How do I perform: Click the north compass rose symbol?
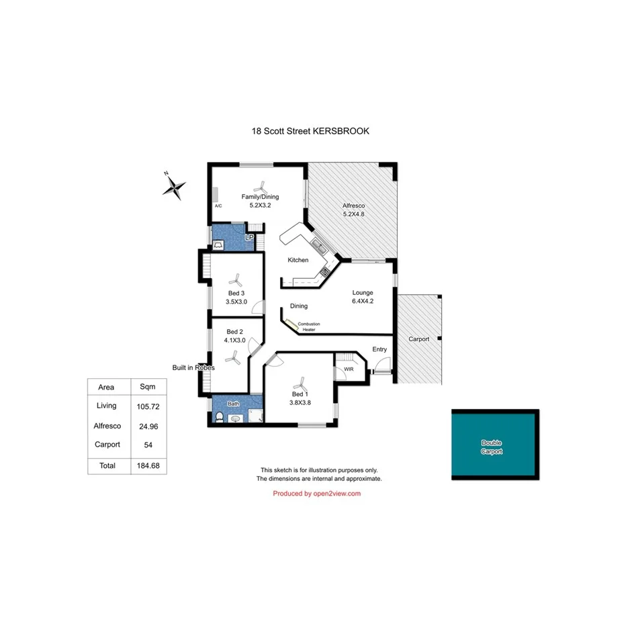(174, 187)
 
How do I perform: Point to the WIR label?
(349, 369)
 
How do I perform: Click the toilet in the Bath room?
(219, 416)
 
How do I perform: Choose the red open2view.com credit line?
(317, 494)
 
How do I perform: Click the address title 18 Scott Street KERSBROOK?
(310, 132)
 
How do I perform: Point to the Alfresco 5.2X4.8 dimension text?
(353, 214)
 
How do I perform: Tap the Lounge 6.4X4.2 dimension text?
(363, 302)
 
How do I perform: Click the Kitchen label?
(298, 260)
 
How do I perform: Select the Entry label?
(380, 349)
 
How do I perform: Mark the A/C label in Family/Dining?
(218, 206)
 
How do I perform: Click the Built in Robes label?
(193, 367)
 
